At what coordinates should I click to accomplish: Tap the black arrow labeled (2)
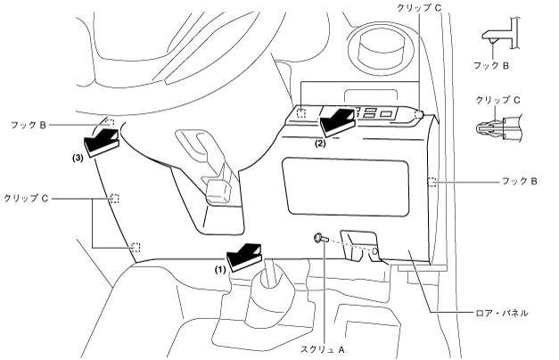click(337, 119)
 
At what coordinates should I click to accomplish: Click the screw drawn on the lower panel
click(318, 239)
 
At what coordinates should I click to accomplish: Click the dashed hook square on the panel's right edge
click(432, 183)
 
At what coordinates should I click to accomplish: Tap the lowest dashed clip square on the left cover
click(136, 247)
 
